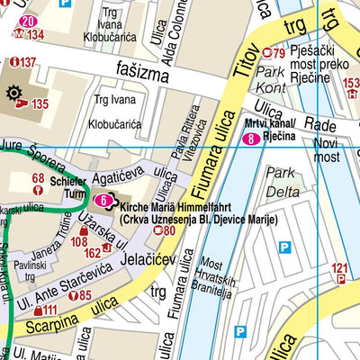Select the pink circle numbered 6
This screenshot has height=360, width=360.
coord(105,200)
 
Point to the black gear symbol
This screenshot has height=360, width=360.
coord(14,94)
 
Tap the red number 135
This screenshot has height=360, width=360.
coord(40,104)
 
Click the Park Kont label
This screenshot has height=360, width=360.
coord(271,78)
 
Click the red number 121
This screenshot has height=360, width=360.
coord(339,267)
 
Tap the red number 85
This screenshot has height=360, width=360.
coord(85,295)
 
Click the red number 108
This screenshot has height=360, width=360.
coord(79,241)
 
